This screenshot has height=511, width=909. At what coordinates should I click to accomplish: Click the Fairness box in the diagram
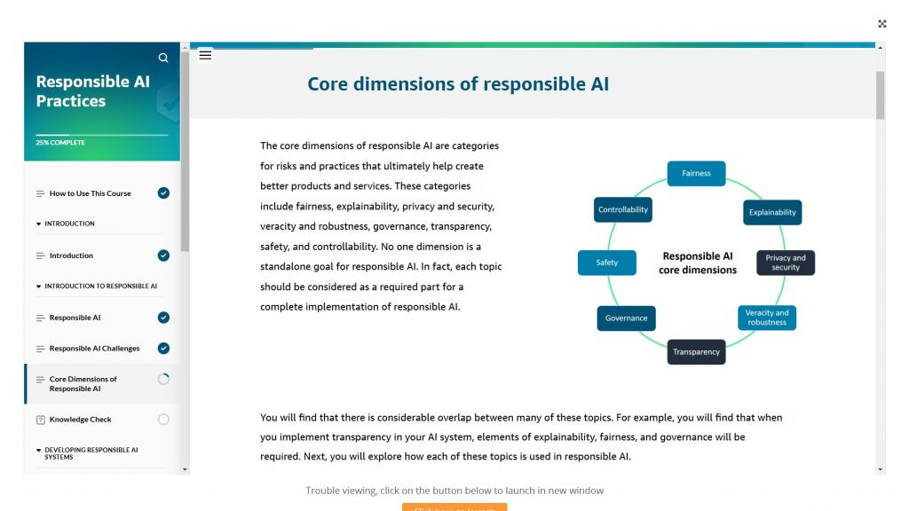point(696,173)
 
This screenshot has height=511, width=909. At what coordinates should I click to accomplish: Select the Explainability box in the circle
point(772,212)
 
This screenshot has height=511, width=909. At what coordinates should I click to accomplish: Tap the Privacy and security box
point(785,263)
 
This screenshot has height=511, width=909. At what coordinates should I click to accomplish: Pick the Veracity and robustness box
point(767,318)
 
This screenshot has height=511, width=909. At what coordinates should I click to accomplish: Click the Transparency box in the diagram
point(696,351)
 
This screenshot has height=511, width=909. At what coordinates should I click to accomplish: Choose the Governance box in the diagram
point(626,318)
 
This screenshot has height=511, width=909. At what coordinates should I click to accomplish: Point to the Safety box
point(607,263)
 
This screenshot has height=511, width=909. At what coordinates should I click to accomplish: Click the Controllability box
point(623,209)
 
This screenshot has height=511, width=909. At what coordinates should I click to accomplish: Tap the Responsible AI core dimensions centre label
point(698,263)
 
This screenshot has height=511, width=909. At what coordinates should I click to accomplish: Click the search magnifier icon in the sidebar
point(163,58)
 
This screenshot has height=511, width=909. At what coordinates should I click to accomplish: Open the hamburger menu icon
point(205,55)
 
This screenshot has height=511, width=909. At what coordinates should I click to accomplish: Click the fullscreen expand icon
point(882,24)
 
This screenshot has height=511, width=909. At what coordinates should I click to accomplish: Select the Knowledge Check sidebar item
point(81,420)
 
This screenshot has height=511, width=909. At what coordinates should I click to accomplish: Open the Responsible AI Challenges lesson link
point(94,349)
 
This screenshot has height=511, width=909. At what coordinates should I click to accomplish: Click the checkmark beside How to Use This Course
point(163,193)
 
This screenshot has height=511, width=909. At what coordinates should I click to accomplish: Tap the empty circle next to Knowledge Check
point(163,420)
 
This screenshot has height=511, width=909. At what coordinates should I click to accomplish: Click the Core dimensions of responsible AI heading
point(458,84)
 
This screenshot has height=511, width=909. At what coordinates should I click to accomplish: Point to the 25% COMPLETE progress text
point(60,143)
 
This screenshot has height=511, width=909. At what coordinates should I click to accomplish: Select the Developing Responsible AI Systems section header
point(91,453)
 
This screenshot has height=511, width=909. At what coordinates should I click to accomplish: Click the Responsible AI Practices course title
point(93,91)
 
